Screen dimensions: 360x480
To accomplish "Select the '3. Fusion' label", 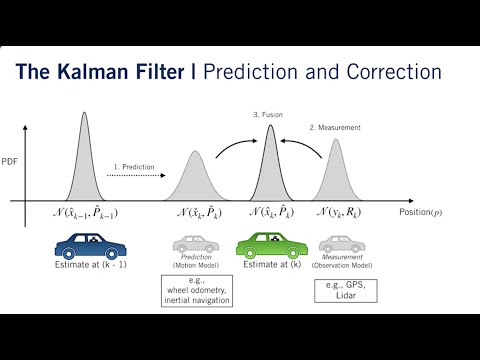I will [x=269, y=116].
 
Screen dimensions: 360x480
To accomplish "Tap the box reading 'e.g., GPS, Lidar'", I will [x=338, y=292].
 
